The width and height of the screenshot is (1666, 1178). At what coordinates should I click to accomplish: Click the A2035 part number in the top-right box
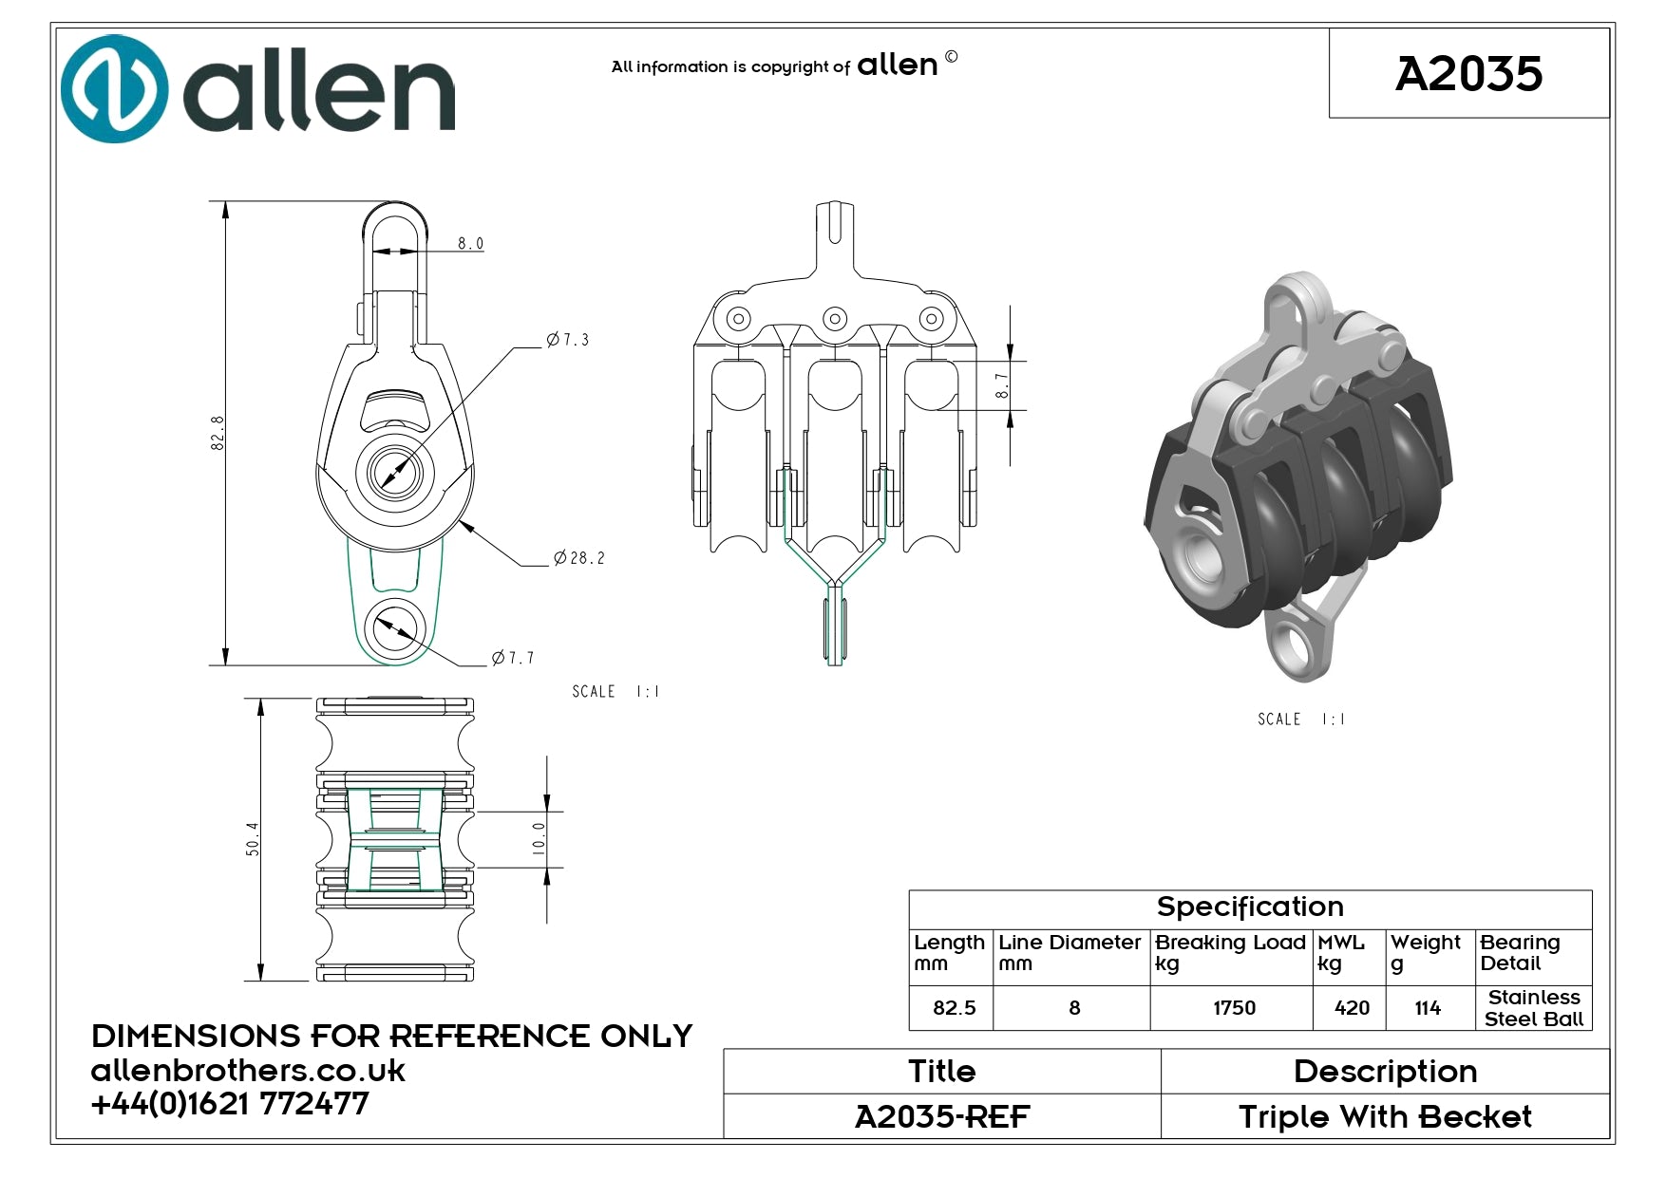coord(1468,74)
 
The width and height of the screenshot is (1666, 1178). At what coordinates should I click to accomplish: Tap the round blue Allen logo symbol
coord(114,89)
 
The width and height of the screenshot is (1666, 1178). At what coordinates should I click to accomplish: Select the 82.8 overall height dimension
coord(218,433)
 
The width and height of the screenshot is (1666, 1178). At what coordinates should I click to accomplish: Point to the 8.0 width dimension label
coord(470,244)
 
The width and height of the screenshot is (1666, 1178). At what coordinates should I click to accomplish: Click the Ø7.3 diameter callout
coord(568,340)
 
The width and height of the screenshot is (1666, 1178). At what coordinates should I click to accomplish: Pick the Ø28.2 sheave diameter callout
coord(579,558)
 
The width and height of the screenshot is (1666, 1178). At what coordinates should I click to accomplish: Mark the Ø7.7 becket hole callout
coord(513,658)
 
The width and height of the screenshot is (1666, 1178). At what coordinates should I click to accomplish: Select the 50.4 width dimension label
coord(253,839)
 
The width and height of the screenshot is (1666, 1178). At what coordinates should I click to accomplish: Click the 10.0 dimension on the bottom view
coord(539,839)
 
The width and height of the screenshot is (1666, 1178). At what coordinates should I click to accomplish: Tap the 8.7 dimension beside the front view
coord(1002,385)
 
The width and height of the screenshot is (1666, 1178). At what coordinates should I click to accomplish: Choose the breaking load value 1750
coord(1234,1008)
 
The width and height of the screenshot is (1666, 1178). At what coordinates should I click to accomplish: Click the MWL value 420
coord(1352,1008)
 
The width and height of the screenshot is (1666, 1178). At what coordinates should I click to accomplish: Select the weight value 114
coord(1428,1008)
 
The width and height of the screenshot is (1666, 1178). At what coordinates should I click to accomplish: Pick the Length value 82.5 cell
coord(954,1008)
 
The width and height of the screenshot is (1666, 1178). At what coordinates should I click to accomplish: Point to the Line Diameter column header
coord(1070,953)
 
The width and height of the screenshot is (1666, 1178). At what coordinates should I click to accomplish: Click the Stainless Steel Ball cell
coord(1534,1008)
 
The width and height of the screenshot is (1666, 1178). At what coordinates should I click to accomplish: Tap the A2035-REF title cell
coord(942,1117)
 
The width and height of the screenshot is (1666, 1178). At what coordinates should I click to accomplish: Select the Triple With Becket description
coord(1385,1117)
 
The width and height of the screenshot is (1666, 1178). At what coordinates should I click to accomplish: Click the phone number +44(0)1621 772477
coord(230,1103)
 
